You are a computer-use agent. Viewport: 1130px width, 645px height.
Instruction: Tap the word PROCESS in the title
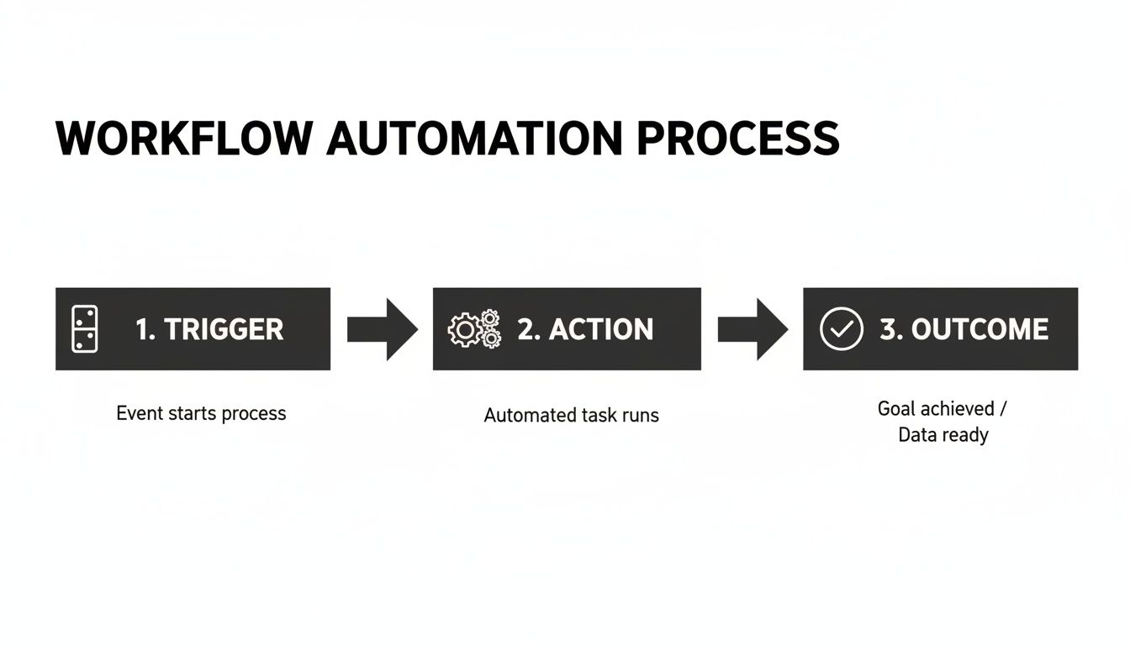click(737, 139)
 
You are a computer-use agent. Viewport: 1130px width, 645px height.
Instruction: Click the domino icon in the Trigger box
click(85, 329)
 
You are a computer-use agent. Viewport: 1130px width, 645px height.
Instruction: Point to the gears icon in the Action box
click(475, 329)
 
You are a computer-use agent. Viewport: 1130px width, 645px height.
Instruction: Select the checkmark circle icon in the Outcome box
click(841, 328)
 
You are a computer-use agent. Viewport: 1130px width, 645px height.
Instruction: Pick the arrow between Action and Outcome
click(752, 329)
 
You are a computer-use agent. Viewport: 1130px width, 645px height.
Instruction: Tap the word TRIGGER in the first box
click(224, 329)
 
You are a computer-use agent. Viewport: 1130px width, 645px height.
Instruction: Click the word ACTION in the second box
click(601, 329)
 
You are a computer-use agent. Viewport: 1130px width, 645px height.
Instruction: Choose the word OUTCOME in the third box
click(980, 329)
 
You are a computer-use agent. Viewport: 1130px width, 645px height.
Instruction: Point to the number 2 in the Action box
click(527, 329)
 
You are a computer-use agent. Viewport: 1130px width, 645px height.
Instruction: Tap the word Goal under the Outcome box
click(896, 409)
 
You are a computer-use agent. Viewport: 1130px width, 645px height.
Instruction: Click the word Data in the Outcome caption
click(916, 435)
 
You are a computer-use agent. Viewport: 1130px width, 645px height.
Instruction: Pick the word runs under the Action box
click(639, 415)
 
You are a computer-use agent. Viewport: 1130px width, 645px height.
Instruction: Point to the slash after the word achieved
click(1002, 409)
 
